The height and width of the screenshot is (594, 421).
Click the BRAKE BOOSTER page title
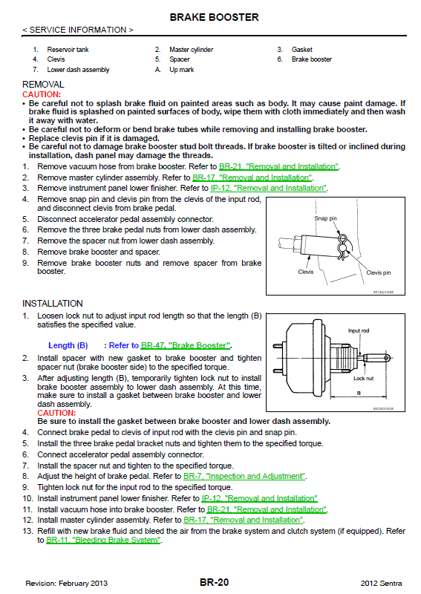[x=214, y=17]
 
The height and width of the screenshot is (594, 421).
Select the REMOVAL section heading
[x=43, y=84]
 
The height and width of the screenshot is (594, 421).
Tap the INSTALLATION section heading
[x=53, y=304]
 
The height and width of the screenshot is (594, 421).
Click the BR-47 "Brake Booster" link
[x=186, y=345]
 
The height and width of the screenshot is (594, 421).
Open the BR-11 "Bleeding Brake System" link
[x=103, y=541]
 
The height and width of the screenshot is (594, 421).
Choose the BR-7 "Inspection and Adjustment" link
[x=244, y=476]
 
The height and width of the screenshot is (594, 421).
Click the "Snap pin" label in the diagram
[x=325, y=218]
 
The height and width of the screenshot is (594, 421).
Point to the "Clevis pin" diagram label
[x=378, y=272]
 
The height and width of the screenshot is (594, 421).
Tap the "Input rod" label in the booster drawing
[x=359, y=330]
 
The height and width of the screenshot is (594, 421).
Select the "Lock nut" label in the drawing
[x=363, y=378]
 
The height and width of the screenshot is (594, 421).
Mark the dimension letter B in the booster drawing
[x=359, y=394]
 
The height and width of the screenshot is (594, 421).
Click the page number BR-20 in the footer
[x=214, y=582]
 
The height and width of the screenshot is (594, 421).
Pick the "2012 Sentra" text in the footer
[x=381, y=584]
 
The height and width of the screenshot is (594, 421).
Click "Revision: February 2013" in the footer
[x=67, y=584]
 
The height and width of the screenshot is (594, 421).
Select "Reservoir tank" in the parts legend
[x=68, y=49]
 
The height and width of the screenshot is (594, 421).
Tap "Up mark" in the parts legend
[x=181, y=70]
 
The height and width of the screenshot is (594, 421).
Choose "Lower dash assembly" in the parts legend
[x=78, y=70]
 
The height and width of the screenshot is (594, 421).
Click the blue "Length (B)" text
[x=68, y=345]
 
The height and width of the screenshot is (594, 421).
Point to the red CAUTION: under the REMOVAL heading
[x=42, y=94]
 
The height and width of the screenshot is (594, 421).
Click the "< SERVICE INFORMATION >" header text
[x=78, y=30]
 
